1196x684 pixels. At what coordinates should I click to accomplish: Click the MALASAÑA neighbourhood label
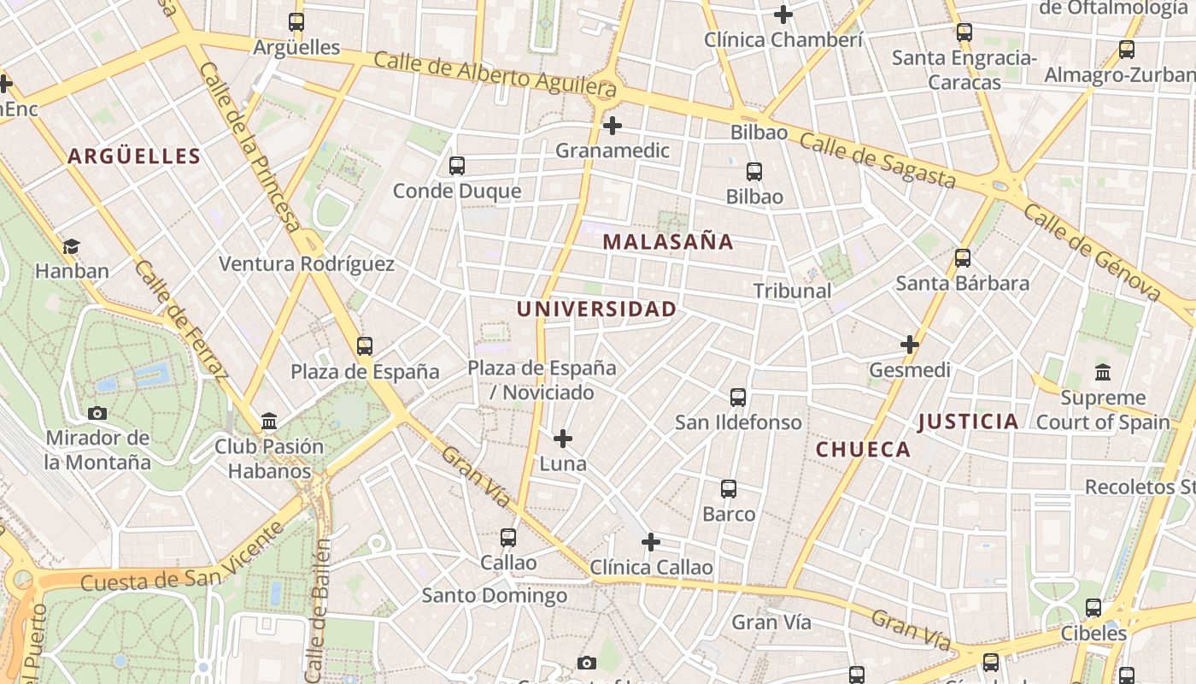coord(668,242)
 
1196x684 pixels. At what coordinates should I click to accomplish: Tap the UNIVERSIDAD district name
coord(596,310)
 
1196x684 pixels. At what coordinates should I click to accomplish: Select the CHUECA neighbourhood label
coord(863,450)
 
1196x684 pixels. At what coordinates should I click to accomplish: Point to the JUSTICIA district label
coord(968,422)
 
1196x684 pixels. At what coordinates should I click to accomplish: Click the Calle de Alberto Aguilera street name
coord(495,74)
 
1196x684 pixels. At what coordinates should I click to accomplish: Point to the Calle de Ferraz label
coord(182,320)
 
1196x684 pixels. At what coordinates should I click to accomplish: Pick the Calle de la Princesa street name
coord(251,145)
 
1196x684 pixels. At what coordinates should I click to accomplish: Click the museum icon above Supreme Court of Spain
coord(1103,373)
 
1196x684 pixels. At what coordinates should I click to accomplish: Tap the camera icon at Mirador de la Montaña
coord(97,414)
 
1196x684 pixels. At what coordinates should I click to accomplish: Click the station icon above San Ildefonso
coord(738,398)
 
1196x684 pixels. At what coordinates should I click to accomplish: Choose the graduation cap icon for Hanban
coord(71,247)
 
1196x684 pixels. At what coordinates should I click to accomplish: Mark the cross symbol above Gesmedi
coord(910,345)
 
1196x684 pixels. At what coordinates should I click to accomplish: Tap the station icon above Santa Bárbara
coord(963,258)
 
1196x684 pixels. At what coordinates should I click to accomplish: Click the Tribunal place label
coord(792,291)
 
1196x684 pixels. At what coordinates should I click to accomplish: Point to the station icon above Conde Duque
coord(457,166)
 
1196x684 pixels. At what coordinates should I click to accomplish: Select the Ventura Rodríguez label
coord(307,264)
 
